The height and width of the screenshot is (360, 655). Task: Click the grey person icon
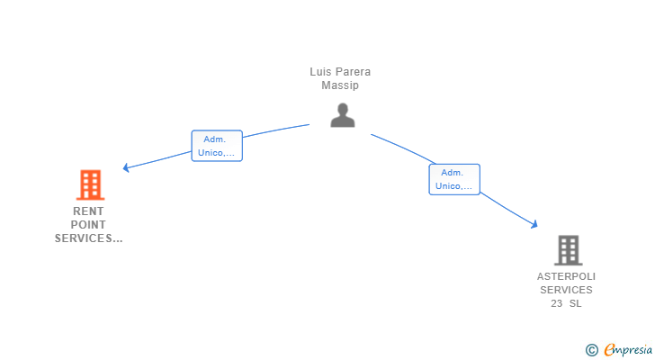pos(342,115)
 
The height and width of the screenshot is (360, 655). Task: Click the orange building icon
pos(90,184)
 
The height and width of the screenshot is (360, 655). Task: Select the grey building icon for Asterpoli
pos(568,249)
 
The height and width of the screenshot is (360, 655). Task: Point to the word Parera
pos(353,72)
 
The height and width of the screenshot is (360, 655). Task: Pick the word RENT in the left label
pos(88,211)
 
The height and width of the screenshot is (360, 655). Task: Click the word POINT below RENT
pos(88,225)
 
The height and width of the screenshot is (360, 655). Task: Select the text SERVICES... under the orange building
pos(88,238)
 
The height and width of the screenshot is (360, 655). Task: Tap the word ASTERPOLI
pos(566,276)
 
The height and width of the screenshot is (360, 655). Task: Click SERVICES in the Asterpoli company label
pos(566,290)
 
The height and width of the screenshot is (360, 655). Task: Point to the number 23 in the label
pos(557,303)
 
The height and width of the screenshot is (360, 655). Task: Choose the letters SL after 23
pos(576,303)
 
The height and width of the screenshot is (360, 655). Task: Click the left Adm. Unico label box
pos(218,146)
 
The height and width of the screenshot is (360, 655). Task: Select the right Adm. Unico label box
pos(453,179)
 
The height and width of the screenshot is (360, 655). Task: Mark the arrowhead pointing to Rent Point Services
pos(127,167)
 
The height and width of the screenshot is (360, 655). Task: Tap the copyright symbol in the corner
pos(591,349)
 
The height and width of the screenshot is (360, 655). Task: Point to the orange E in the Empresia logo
pos(609,349)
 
